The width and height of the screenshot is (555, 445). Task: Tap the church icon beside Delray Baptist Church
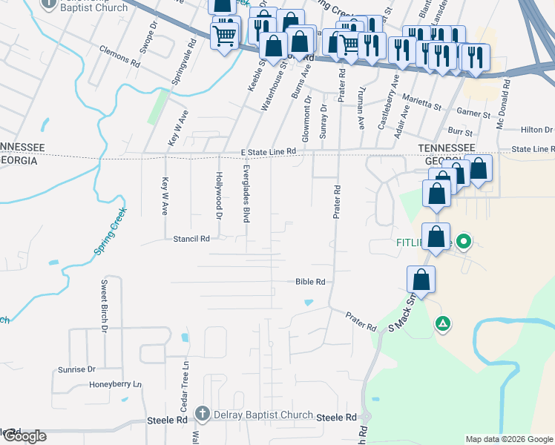pos(203,413)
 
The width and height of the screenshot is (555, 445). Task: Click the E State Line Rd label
pos(268,151)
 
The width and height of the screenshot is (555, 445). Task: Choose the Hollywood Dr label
pos(219,197)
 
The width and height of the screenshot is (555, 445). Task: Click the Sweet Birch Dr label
pos(105,304)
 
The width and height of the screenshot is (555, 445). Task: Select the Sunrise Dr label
pos(76,369)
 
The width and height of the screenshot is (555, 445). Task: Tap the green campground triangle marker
pos(443,323)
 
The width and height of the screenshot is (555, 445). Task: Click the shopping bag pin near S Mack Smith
pos(421,280)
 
